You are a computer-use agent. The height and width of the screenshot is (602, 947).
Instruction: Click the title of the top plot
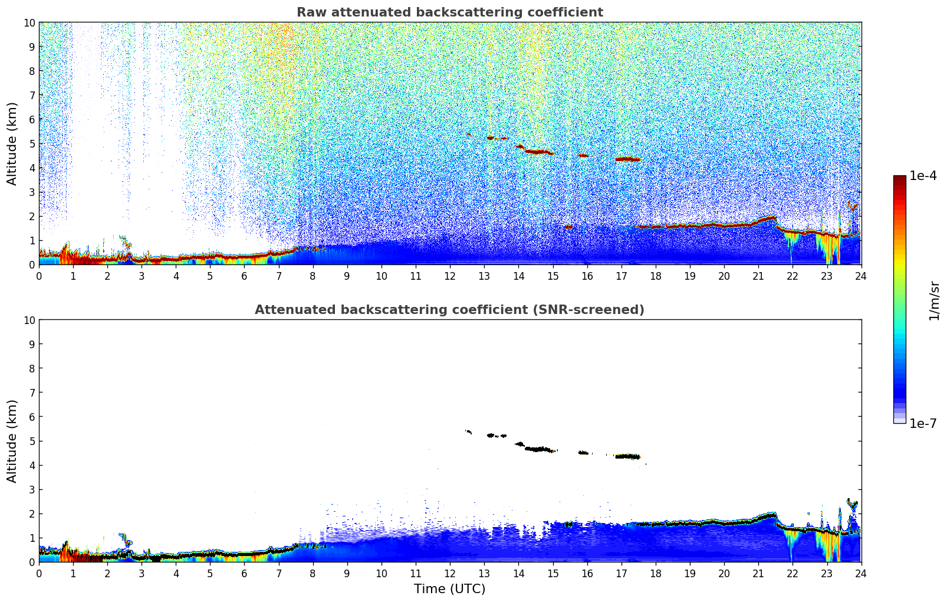click(449, 12)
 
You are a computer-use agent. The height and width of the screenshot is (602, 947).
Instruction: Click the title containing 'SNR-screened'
click(449, 310)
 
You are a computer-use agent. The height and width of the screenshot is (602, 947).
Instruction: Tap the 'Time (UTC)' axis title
click(449, 588)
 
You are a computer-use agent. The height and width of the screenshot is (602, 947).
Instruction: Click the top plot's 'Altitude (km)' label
click(12, 143)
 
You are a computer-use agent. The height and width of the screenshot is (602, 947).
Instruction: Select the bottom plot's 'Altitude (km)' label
click(12, 441)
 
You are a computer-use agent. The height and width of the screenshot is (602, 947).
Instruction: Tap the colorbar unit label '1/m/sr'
click(933, 300)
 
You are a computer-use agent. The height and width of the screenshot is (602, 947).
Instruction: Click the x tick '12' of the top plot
click(450, 276)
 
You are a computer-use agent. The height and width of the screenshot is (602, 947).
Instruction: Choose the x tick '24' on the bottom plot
click(861, 573)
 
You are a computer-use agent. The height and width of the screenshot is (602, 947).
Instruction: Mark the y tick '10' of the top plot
click(29, 22)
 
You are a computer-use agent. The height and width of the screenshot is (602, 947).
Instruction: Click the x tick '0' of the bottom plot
click(39, 573)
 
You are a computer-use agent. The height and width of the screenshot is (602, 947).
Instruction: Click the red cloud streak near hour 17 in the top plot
click(627, 159)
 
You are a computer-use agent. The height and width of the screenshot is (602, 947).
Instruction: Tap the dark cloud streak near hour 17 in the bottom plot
click(627, 456)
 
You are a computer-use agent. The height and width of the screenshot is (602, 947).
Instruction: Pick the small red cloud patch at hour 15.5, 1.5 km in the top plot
click(568, 227)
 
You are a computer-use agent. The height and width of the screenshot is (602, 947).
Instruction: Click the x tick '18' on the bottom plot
click(655, 573)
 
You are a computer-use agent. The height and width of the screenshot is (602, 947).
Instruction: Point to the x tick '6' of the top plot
click(244, 276)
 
